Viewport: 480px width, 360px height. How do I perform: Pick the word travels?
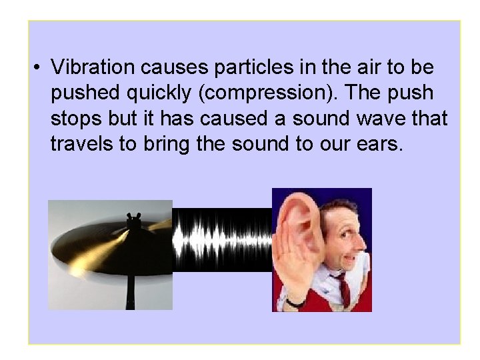coord(81,143)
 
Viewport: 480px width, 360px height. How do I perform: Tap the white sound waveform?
coord(222,239)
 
